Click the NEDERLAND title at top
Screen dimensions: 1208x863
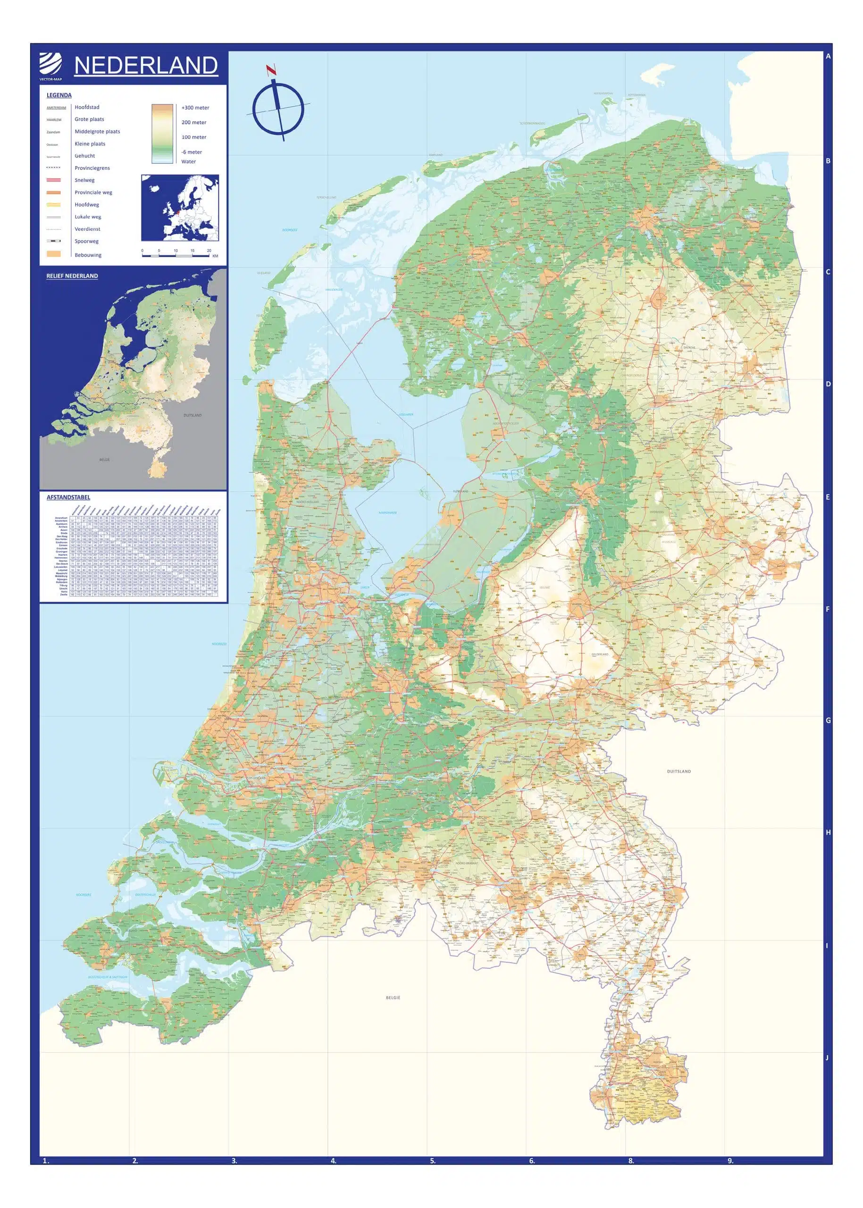point(146,66)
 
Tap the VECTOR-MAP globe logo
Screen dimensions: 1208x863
point(50,65)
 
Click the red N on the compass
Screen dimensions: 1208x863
point(272,70)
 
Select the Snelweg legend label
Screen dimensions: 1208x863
point(84,180)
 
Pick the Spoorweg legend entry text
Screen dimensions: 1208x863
point(87,241)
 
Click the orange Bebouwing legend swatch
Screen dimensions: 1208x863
point(54,254)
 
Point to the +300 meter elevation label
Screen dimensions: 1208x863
point(195,108)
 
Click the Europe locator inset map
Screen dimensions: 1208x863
point(180,208)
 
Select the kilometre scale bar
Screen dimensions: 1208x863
point(176,256)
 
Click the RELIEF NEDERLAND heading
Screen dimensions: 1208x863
point(72,276)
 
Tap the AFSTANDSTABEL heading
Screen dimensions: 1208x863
point(68,497)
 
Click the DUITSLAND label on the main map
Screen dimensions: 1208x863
point(679,771)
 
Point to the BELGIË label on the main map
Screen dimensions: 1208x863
point(393,998)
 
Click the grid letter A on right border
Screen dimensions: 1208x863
point(828,56)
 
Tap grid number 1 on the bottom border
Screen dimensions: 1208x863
point(46,1161)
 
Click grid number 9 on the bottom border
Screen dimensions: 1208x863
point(729,1161)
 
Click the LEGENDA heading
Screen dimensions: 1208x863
point(59,95)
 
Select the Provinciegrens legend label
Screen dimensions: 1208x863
point(92,168)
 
